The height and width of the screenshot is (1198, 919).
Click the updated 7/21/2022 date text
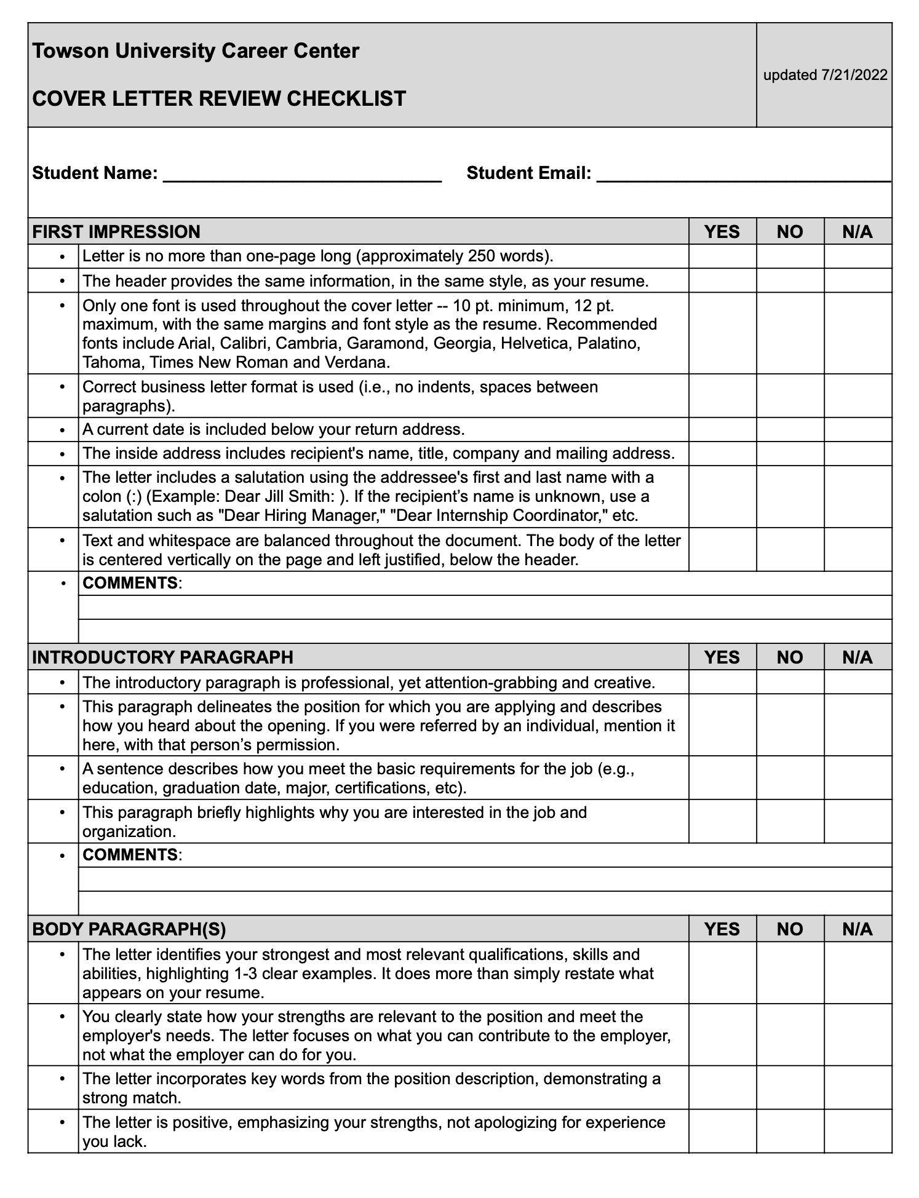[x=825, y=75]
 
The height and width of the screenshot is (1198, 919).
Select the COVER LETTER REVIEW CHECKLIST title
[x=219, y=98]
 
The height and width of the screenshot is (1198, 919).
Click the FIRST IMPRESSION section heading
[x=116, y=232]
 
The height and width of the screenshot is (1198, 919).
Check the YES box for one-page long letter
[x=722, y=256]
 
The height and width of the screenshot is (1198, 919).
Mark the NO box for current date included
[x=790, y=429]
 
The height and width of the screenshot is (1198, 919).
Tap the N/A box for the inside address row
[x=857, y=453]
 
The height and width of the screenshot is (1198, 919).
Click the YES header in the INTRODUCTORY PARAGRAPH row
[x=722, y=657]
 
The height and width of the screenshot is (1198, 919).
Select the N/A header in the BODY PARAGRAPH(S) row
[x=857, y=929]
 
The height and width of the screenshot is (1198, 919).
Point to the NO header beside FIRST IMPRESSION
[x=790, y=232]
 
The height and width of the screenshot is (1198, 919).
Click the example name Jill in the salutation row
[x=277, y=496]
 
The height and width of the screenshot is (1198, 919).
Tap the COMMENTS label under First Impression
[x=131, y=583]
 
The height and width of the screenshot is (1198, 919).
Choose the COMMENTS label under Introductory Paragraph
[x=131, y=855]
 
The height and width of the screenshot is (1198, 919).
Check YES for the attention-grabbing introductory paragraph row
[x=722, y=682]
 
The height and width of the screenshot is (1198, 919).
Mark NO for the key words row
[x=790, y=1087]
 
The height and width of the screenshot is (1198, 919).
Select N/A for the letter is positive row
[x=857, y=1131]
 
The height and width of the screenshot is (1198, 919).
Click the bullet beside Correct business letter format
[x=62, y=387]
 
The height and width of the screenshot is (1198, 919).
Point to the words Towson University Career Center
[x=196, y=50]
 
